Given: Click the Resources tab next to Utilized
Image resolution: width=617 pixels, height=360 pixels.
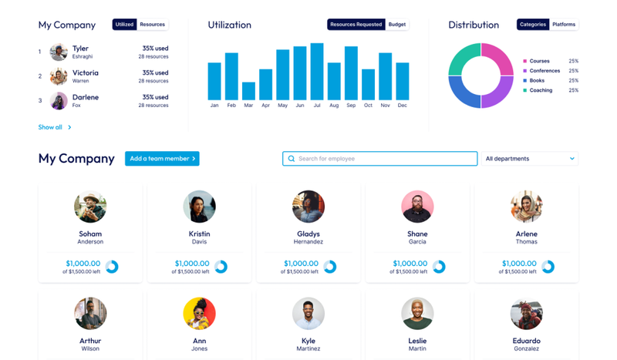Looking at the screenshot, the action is click(x=152, y=25).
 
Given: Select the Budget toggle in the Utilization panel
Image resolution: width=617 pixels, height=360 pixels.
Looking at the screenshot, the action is click(x=397, y=25).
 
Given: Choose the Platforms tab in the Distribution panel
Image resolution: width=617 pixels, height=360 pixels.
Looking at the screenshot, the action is click(x=564, y=25).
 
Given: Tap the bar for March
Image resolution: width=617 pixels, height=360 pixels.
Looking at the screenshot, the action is click(x=248, y=91).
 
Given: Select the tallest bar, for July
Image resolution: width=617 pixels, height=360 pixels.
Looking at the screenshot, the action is click(x=317, y=72).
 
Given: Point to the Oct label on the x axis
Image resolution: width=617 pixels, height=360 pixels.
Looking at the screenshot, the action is click(x=368, y=106).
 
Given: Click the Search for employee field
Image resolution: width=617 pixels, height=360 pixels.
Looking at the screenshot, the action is click(x=379, y=159).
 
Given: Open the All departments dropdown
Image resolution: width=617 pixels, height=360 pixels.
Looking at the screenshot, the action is click(x=530, y=159).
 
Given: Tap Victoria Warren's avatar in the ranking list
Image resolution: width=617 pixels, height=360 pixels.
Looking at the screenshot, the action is click(x=59, y=76).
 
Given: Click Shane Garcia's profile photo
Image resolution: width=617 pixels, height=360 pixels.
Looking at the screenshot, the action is click(x=417, y=207).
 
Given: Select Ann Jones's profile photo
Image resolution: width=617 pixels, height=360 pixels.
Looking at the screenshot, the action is click(x=200, y=313).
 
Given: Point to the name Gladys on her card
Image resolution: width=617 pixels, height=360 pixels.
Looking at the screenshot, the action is click(x=308, y=234).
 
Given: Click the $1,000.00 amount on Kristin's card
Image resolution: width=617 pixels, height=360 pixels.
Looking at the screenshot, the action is click(x=192, y=263).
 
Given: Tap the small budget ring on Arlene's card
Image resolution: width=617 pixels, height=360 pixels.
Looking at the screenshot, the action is click(x=548, y=267).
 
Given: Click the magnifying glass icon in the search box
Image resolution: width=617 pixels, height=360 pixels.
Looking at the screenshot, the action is click(x=292, y=159).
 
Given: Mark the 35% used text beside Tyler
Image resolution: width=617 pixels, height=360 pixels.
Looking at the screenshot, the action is click(x=155, y=49).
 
